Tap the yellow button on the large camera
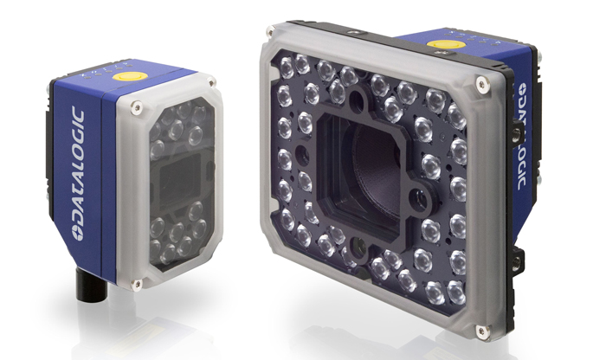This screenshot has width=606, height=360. [x=446, y=43]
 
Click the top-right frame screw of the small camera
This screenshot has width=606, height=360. [x=210, y=82]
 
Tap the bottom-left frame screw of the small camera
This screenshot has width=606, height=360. [x=136, y=285]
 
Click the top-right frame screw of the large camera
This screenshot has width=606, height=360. [x=481, y=82]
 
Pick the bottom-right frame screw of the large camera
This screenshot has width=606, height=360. [x=480, y=331]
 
